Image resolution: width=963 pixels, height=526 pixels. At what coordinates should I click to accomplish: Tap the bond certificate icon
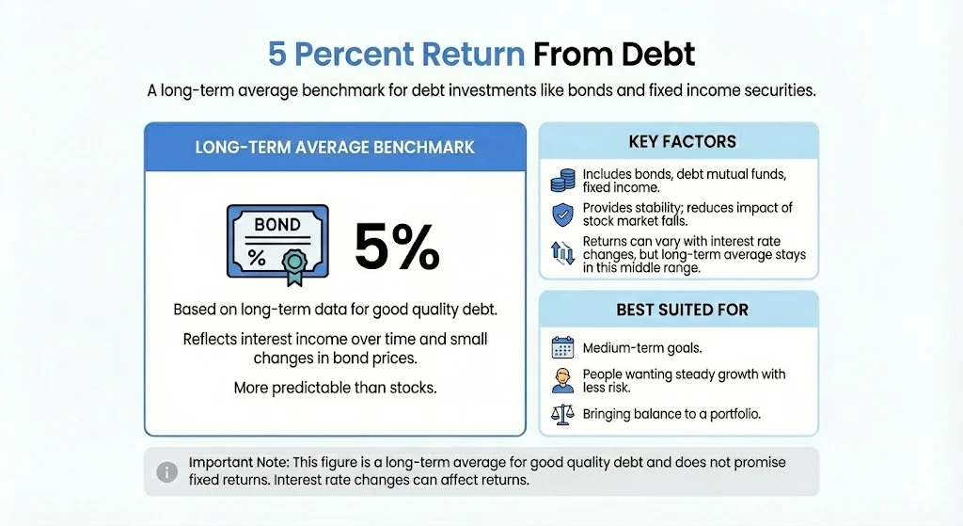277,242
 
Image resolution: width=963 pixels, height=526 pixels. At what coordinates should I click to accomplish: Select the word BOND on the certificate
277,225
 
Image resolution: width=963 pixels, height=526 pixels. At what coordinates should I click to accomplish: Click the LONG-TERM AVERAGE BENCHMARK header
334,147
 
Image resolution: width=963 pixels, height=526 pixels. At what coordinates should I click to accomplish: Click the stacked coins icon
562,181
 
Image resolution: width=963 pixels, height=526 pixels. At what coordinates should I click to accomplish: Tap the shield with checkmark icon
562,215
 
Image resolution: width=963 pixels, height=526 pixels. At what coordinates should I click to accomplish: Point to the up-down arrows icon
562,252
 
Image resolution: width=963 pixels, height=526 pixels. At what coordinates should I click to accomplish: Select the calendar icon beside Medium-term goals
562,348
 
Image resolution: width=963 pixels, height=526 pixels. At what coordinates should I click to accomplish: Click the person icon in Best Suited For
562,381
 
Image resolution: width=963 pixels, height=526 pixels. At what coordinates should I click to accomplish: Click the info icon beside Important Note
166,470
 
